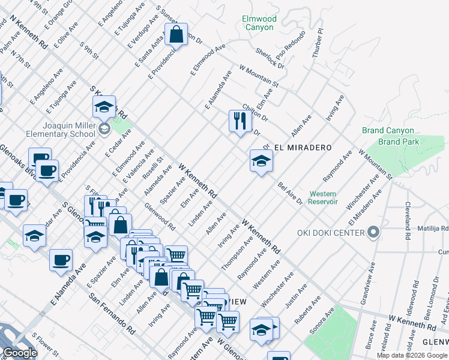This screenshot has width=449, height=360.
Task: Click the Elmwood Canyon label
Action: (259, 23)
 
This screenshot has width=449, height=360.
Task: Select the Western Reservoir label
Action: (323, 197)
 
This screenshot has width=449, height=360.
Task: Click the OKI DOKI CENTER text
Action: (331, 233)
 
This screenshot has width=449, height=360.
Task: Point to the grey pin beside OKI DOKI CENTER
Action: (373, 232)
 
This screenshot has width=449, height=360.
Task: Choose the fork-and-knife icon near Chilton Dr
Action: (240, 121)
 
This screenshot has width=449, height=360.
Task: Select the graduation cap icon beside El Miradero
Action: (261, 161)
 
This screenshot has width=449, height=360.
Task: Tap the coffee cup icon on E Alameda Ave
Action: (61, 260)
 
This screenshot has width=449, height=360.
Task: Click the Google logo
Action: (20, 353)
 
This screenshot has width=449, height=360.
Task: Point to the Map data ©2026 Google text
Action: (412, 355)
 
